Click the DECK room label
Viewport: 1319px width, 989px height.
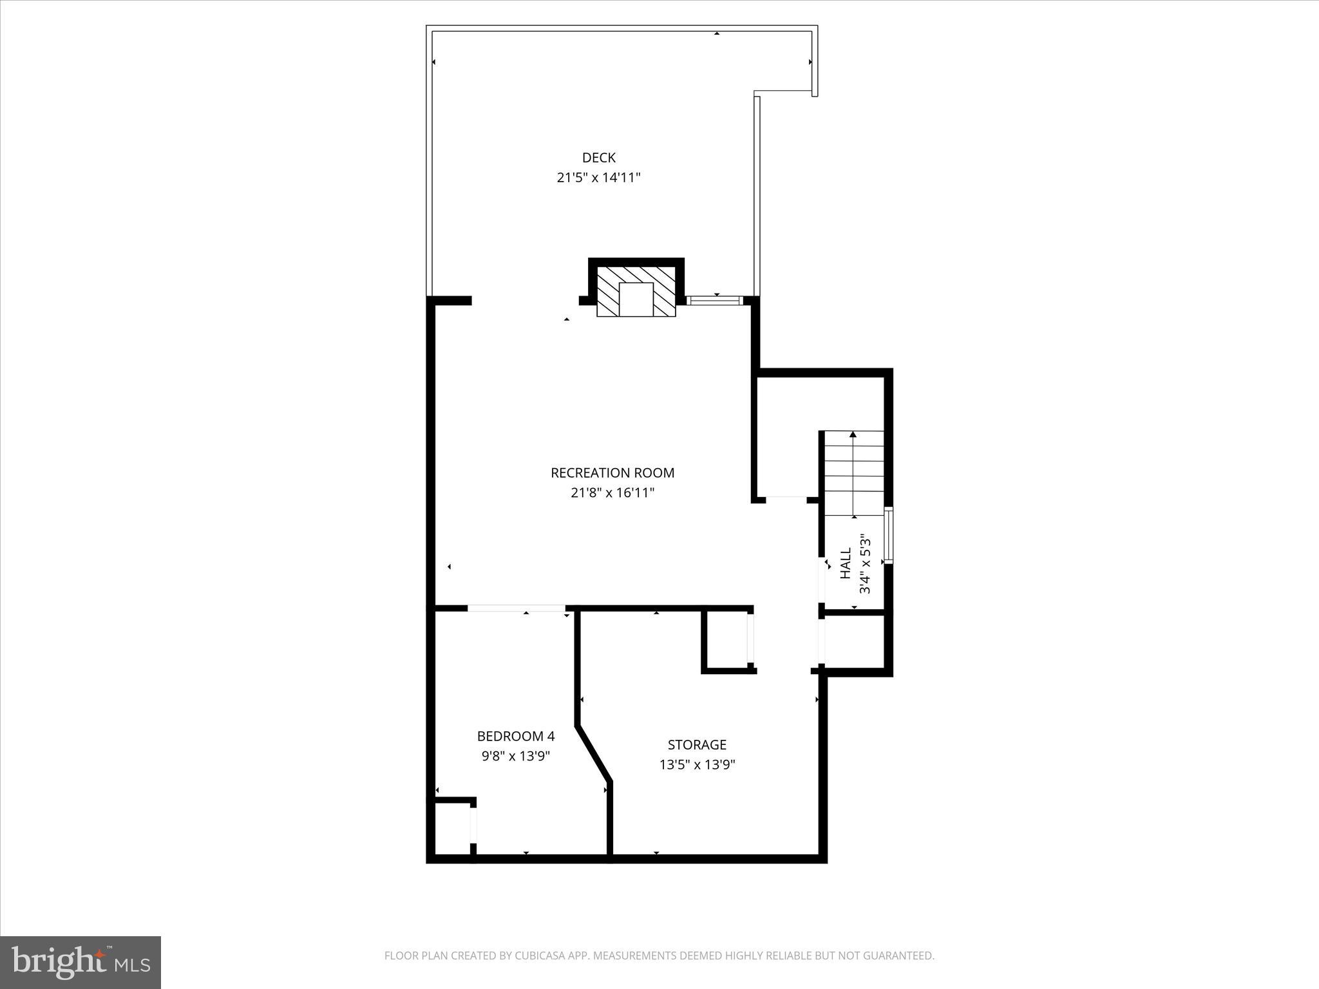click(x=598, y=157)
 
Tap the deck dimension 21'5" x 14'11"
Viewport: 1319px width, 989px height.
click(x=598, y=178)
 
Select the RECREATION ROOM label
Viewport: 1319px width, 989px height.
click(x=612, y=473)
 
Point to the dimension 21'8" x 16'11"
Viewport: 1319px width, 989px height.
click(x=612, y=493)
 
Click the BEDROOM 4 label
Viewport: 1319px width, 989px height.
click(x=515, y=736)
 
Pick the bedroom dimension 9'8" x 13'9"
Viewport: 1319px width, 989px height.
click(x=515, y=756)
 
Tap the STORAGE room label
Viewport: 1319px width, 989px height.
click(x=697, y=745)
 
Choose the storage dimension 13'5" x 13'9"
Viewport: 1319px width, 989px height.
click(x=697, y=765)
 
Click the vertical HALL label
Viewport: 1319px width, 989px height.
click(x=846, y=563)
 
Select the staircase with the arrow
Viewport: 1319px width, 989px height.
click(x=854, y=473)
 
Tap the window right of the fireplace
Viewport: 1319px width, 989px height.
click(x=715, y=300)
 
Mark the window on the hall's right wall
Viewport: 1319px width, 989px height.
click(x=889, y=536)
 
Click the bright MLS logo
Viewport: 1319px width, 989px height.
click(x=81, y=963)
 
